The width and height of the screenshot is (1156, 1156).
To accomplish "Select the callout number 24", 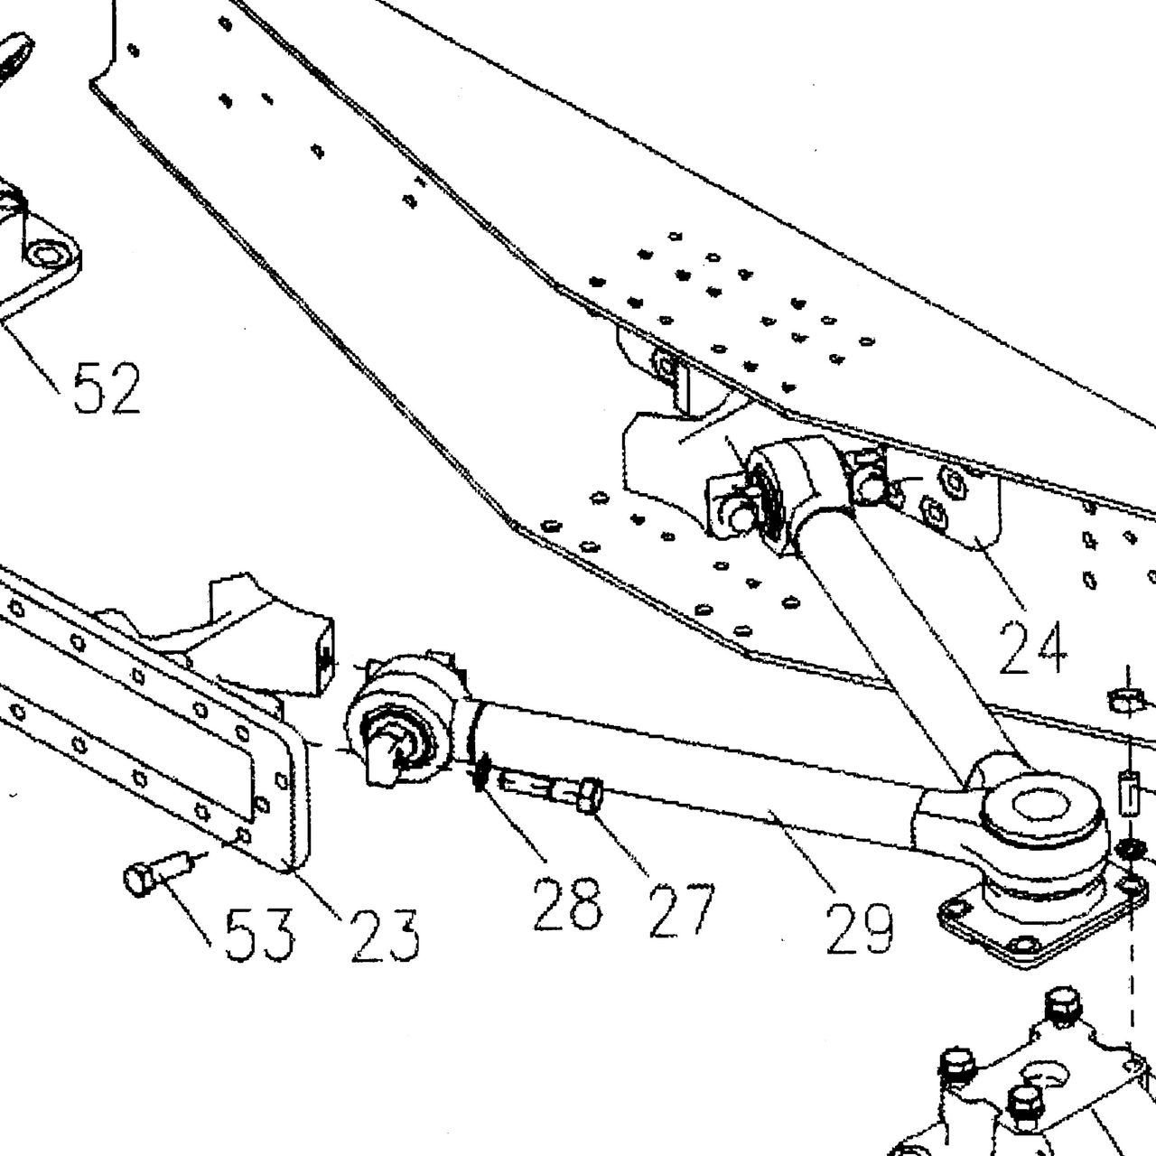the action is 1033,648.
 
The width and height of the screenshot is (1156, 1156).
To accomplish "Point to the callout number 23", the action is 385,936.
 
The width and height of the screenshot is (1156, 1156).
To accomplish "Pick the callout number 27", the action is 682,909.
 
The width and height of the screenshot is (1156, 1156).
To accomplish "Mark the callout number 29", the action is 859,928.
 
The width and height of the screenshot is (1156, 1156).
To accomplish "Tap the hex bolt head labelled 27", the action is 590,794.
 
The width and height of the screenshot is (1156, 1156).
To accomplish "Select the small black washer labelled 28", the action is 480,773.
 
